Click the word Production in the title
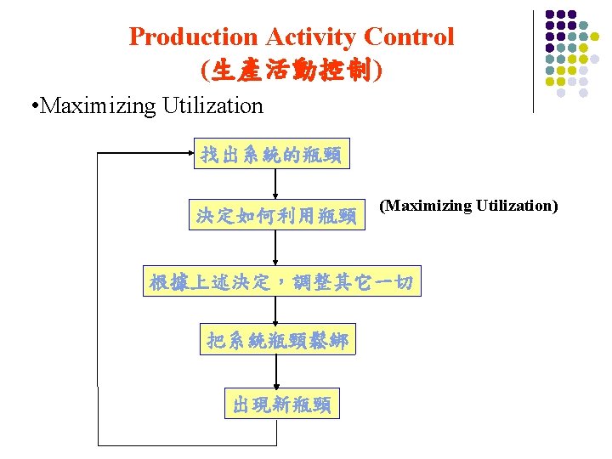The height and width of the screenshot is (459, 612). point(192,37)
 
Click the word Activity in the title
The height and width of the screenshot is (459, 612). point(309,37)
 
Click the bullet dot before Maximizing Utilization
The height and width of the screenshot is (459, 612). point(31,107)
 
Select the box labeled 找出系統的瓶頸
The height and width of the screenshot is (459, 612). point(270,154)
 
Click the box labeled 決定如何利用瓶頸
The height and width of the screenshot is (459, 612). point(275,215)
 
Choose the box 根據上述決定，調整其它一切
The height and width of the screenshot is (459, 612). point(281,282)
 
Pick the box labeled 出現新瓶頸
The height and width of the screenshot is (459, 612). point(281,404)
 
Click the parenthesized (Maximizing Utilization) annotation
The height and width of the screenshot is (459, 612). point(468,206)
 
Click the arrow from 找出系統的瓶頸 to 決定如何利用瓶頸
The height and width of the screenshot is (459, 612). point(275,184)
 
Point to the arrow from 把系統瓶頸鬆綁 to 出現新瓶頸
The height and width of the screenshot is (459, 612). point(276,371)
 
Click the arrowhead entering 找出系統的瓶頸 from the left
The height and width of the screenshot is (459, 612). point(188,154)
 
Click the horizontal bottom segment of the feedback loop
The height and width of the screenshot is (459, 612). point(187,445)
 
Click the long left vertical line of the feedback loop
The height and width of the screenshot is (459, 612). point(99,297)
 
